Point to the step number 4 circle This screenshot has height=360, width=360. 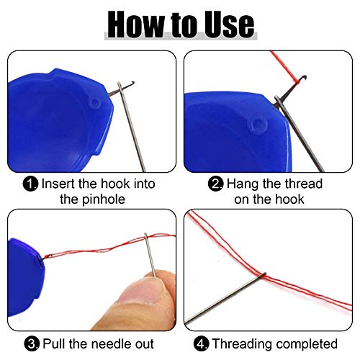pos(204,343)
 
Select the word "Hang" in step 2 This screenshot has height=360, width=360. pos(242,184)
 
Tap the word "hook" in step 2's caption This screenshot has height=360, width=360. pos(295,199)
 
